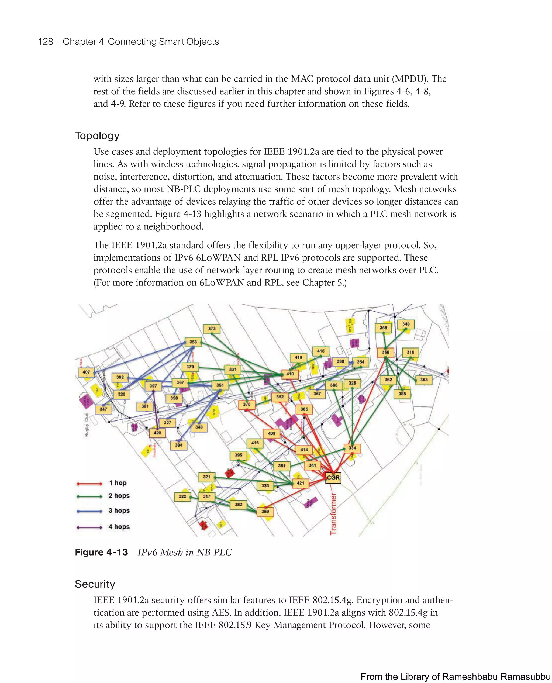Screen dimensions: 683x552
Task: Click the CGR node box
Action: (x=333, y=478)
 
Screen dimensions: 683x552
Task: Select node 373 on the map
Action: (x=212, y=329)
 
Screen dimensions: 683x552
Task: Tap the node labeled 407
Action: (x=86, y=372)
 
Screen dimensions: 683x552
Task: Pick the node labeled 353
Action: (x=193, y=342)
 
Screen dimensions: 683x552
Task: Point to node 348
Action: (x=406, y=324)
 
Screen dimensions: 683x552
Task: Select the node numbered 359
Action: (x=265, y=512)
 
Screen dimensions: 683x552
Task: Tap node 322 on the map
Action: (x=182, y=496)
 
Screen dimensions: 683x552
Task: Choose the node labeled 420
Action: (x=157, y=433)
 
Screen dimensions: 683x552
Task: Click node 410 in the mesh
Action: (x=290, y=374)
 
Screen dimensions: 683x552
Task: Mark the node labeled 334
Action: (x=352, y=448)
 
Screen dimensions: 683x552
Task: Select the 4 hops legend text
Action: (x=119, y=527)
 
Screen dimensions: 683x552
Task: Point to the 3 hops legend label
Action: (x=119, y=511)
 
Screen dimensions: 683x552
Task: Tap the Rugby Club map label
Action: (x=87, y=425)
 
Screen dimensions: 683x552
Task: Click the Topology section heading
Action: (x=97, y=136)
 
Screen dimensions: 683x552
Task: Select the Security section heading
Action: (x=95, y=584)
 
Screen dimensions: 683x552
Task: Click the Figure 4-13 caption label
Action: (x=101, y=552)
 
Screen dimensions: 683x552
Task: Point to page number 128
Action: (x=46, y=42)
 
